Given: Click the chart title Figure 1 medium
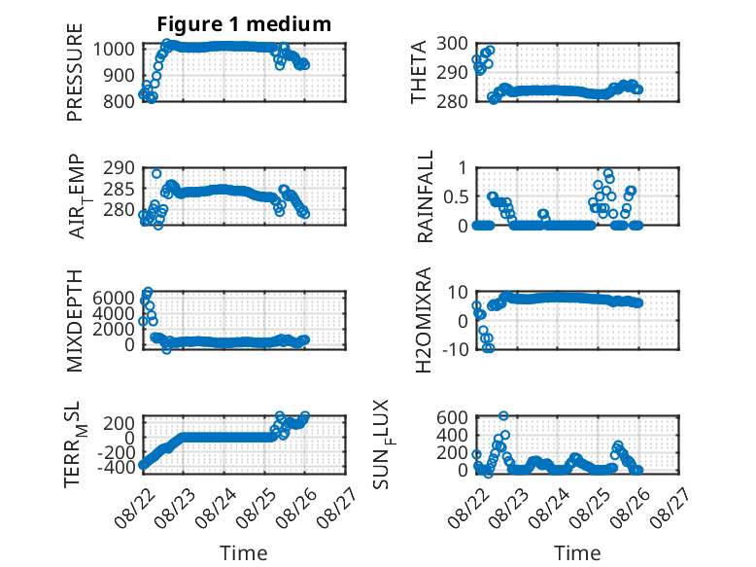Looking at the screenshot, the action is coord(244,24).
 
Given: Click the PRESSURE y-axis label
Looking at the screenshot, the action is coord(75,72).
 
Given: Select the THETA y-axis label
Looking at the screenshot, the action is coord(419,72).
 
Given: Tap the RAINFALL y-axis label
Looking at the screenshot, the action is coord(425,196).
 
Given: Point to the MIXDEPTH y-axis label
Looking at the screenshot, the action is coord(75,321).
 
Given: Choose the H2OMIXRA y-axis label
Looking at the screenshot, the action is coord(424,320).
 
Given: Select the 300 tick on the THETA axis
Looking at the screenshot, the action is coord(452,44).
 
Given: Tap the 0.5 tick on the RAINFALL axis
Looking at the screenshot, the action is coord(455,196).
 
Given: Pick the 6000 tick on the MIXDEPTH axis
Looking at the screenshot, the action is coord(114,298).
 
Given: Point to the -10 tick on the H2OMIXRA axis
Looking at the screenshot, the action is coord(455,349).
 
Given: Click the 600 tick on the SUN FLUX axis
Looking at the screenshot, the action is coord(452,417).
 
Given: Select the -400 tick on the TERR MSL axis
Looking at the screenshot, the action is coord(116,467).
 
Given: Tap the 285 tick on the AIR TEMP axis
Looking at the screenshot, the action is coord(119,189).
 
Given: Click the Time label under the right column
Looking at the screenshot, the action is coord(577,552).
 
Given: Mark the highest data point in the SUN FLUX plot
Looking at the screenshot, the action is coord(503,415).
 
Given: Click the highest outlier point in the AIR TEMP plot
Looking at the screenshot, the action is coord(156,174).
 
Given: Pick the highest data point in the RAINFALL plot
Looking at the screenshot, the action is coord(608,173).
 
